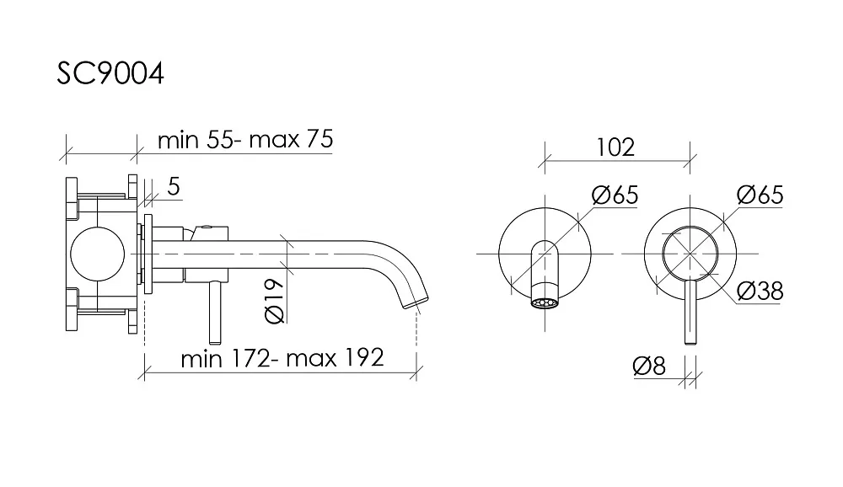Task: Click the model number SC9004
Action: pos(110,73)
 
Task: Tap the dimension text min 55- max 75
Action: pos(245,139)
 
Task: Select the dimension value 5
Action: pos(173,186)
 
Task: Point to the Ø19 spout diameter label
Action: pos(275,301)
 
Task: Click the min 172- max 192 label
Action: pos(282,358)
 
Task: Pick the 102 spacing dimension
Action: pos(615,147)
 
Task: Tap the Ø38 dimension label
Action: pos(760,291)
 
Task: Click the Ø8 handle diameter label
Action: pos(649,366)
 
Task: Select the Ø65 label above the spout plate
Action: pos(615,195)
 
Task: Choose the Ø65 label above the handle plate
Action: pos(760,195)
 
